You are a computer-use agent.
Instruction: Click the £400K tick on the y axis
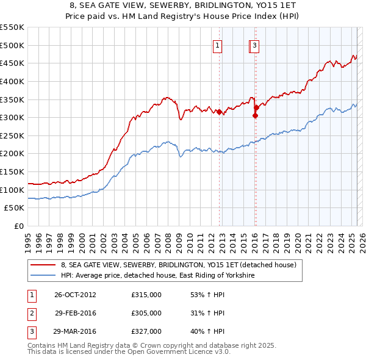pyautogui.click(x=13, y=81)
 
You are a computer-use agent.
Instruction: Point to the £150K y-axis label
pyautogui.click(x=13, y=171)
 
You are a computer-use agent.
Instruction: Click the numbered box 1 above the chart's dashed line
pyautogui.click(x=217, y=45)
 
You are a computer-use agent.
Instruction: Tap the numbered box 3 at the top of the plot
pyautogui.click(x=254, y=45)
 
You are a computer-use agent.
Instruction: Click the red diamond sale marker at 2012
pyautogui.click(x=219, y=112)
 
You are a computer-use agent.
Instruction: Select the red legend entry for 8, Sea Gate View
pyautogui.click(x=178, y=265)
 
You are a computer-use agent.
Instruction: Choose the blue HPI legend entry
pyautogui.click(x=157, y=276)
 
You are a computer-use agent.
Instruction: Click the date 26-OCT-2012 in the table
pyautogui.click(x=75, y=295)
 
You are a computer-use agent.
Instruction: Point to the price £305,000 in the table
pyautogui.click(x=146, y=313)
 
